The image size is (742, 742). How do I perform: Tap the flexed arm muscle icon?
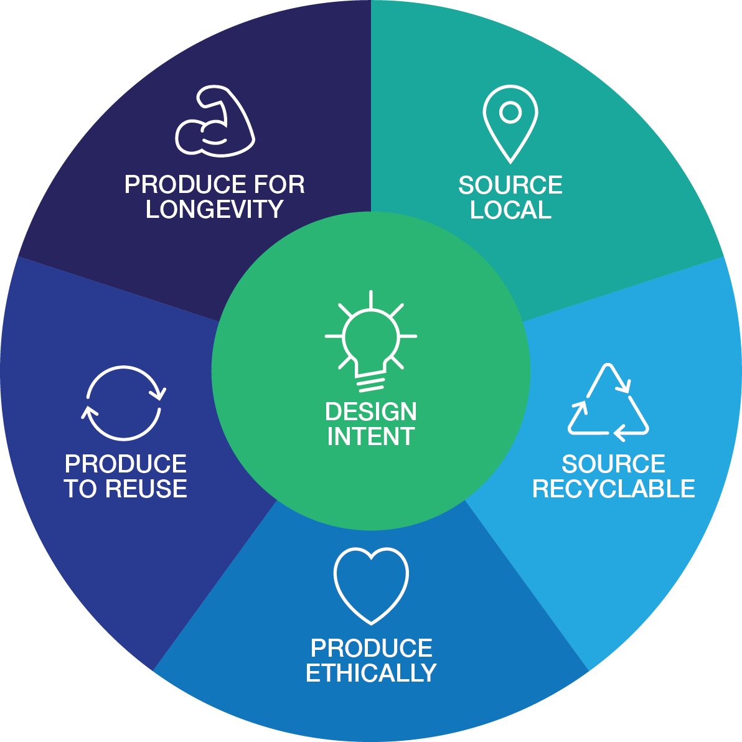[215, 121]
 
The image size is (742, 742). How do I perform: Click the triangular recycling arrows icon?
[608, 402]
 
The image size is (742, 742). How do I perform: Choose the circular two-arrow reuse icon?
[124, 403]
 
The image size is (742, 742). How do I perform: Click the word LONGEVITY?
[215, 210]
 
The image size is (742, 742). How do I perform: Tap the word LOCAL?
[510, 210]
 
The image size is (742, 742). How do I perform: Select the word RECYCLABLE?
[614, 489]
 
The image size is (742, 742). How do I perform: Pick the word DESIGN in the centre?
[371, 412]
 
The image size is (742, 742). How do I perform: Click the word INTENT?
[371, 437]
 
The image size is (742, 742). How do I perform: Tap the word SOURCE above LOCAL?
[510, 185]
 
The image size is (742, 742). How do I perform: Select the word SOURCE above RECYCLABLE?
[614, 464]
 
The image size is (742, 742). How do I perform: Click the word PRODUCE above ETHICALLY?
[371, 649]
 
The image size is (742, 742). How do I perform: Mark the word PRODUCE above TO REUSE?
[126, 464]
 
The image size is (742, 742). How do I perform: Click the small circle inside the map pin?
[510, 113]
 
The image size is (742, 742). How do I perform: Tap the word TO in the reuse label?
[80, 489]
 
